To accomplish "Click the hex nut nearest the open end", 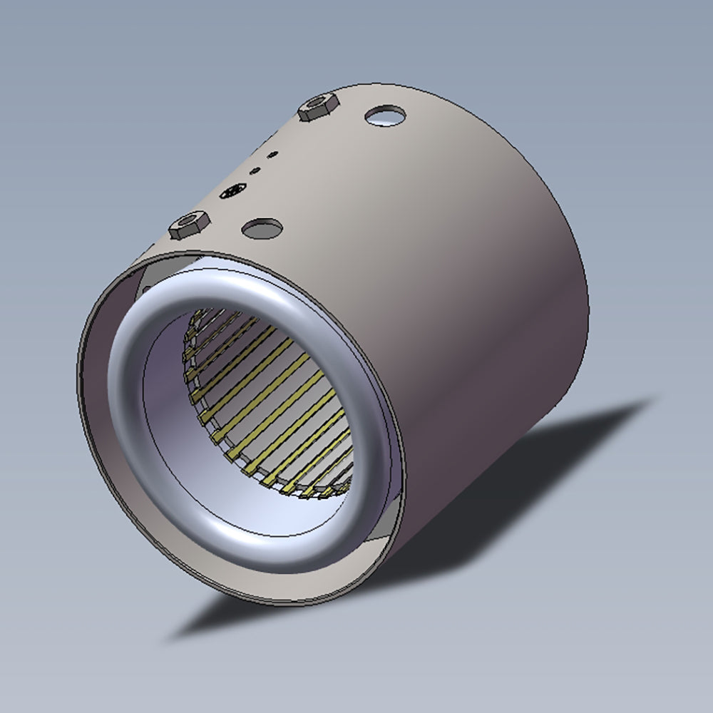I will tap(190, 225).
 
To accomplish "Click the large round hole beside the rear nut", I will tap(385, 114).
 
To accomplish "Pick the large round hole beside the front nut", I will tap(262, 228).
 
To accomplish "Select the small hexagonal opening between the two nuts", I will tap(234, 190).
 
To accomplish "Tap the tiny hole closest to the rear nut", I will tap(272, 153).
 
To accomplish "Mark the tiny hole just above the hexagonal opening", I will tap(253, 170).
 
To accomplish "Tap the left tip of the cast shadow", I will tap(171, 637).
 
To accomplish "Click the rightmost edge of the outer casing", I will tap(588, 299).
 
